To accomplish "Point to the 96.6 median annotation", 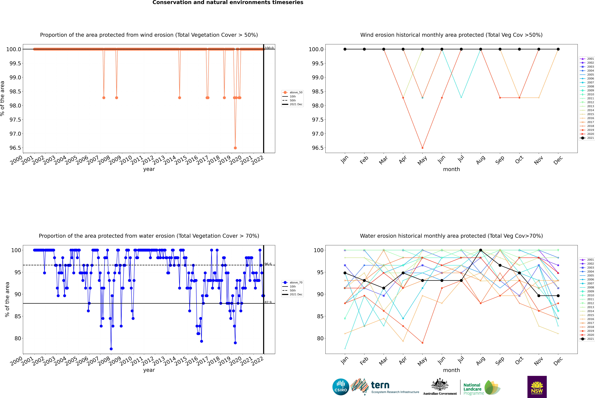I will point(268,264).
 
